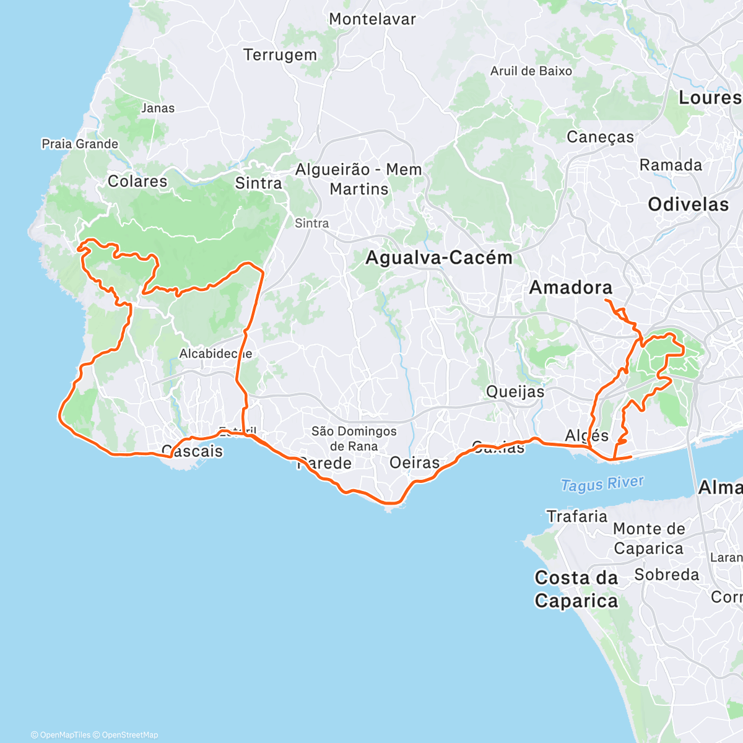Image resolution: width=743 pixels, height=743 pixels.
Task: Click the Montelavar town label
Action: (x=372, y=19)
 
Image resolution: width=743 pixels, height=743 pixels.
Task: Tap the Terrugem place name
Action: (x=280, y=55)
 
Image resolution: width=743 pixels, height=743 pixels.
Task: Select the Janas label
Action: (x=158, y=108)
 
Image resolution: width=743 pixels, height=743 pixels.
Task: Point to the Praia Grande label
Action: (x=80, y=144)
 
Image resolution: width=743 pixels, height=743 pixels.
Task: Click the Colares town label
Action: (x=137, y=181)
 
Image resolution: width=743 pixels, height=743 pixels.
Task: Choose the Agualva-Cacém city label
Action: (x=438, y=258)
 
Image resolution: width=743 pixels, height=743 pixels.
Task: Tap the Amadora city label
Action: (x=570, y=287)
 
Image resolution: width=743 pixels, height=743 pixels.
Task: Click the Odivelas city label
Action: (x=689, y=204)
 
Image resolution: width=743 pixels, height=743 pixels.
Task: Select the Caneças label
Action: (x=601, y=137)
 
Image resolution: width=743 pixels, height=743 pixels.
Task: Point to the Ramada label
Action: (x=671, y=165)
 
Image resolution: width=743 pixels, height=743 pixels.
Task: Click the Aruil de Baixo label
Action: (x=531, y=71)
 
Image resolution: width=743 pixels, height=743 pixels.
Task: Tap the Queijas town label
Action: (x=515, y=391)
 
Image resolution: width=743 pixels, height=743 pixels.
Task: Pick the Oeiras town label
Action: (x=414, y=463)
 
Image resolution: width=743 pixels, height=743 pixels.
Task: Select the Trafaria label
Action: (x=577, y=516)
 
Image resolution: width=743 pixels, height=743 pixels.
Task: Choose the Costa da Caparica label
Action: (x=576, y=589)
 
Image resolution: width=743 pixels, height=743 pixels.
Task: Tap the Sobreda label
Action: (x=667, y=575)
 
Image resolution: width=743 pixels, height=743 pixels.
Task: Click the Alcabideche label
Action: (x=215, y=354)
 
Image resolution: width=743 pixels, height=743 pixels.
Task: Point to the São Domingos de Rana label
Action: (x=354, y=438)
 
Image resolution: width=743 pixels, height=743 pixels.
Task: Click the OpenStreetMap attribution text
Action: (x=130, y=735)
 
